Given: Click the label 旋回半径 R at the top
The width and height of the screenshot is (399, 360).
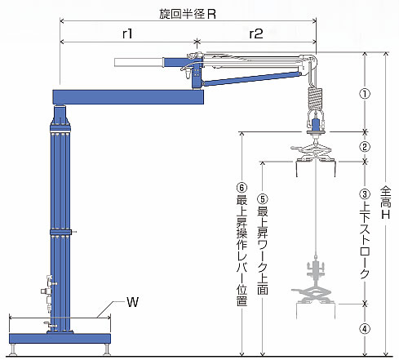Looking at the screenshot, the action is pos(188,14).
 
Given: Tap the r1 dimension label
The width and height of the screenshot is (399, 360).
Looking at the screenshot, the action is pos(127,33).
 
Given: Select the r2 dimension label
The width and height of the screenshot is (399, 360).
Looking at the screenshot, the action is pos(256,33).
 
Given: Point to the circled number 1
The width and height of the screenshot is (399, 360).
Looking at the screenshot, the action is pos(365,94).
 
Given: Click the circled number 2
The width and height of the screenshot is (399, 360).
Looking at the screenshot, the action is pos(365,147).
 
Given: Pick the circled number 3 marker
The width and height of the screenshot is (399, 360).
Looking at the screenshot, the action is pos(365,194).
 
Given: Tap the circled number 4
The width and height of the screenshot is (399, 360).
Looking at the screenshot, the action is pos(365,329).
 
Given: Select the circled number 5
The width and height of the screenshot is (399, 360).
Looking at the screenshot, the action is pos(263,199).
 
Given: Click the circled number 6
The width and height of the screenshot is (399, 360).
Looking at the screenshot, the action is pos(242,188).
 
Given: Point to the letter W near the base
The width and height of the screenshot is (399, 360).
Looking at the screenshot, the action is pos(133,302).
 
